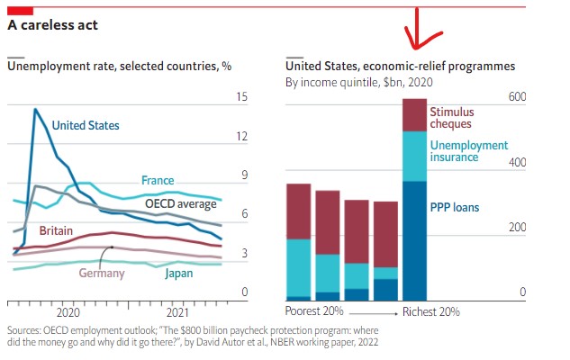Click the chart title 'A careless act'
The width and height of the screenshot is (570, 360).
[x=52, y=25]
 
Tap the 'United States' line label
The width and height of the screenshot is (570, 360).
[x=86, y=126]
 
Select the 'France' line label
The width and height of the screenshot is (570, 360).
[x=158, y=181]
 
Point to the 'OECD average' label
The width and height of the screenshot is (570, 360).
[x=181, y=204]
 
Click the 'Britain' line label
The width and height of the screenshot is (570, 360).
[x=56, y=230]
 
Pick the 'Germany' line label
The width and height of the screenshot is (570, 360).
[x=102, y=273]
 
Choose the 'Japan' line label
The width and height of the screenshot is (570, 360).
[x=178, y=273]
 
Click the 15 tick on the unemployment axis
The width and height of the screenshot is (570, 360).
[x=240, y=97]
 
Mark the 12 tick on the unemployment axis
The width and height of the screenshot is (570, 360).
[x=240, y=137]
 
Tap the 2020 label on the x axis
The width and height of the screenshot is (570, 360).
[x=68, y=312]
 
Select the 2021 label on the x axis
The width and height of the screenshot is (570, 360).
[x=178, y=312]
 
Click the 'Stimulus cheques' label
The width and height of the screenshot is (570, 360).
[x=451, y=118]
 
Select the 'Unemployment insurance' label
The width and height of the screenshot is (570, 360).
[x=468, y=151]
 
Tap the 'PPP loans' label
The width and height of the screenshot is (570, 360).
[x=454, y=207]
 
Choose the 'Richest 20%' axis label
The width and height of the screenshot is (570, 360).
[x=430, y=311]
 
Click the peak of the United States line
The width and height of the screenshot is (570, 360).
[x=35, y=110]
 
